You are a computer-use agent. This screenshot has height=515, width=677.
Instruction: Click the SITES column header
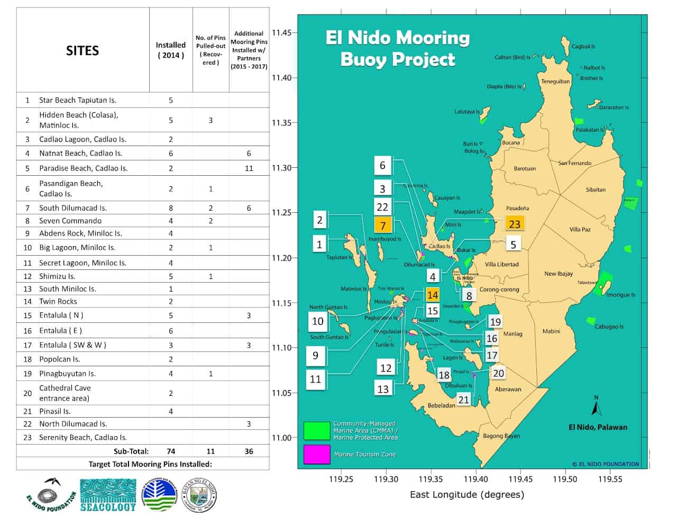click(83, 50)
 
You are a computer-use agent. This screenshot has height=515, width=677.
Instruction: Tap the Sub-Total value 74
click(170, 451)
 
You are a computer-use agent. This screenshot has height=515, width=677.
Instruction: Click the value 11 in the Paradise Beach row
click(249, 168)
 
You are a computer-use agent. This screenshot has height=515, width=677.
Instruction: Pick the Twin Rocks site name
click(58, 302)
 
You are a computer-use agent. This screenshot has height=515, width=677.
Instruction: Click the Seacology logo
click(108, 495)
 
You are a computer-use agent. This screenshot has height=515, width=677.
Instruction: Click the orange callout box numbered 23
click(515, 224)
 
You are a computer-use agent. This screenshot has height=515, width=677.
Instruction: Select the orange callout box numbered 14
click(433, 295)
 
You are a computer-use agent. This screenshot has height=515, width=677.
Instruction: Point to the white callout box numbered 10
click(317, 321)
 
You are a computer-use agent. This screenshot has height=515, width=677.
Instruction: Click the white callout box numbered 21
click(464, 400)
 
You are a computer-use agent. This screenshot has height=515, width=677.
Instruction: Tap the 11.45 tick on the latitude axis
click(281, 32)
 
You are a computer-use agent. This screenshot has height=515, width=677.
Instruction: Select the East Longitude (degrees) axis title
click(467, 494)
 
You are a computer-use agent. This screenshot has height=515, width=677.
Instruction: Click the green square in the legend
click(317, 431)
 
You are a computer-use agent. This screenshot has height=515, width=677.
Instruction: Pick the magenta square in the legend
click(317, 455)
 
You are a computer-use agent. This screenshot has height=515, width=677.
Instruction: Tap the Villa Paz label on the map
click(580, 229)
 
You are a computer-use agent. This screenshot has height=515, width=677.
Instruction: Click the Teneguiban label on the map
click(555, 82)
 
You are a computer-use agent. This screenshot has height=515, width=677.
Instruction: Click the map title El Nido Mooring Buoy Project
click(397, 48)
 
